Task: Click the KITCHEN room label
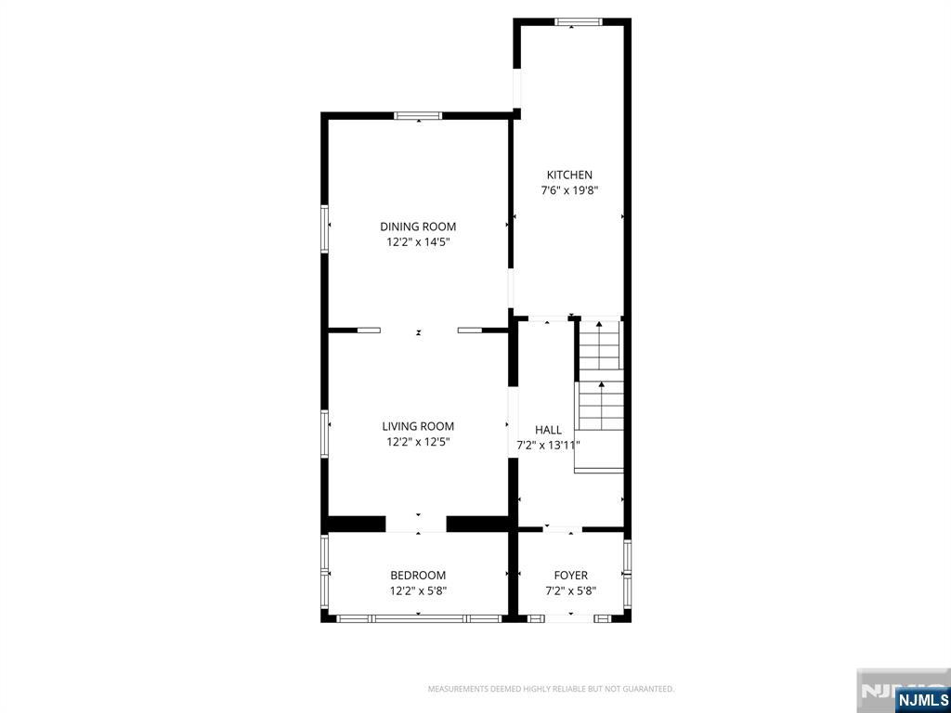[569, 175]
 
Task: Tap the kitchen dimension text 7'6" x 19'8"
[569, 190]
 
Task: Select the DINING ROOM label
[418, 227]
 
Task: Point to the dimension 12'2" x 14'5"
[418, 242]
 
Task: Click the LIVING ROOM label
[418, 427]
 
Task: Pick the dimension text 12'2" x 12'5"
[418, 443]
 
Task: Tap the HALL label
[548, 430]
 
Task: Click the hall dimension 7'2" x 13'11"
[548, 445]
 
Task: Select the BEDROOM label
[418, 576]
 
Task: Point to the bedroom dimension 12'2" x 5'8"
[418, 590]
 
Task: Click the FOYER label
[571, 576]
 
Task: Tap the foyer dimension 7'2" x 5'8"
[571, 590]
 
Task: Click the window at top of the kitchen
[579, 21]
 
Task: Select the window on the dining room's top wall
[418, 116]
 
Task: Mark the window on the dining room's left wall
[325, 228]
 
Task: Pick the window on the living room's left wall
[325, 434]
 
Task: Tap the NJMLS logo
[921, 699]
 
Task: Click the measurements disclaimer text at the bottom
[551, 689]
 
